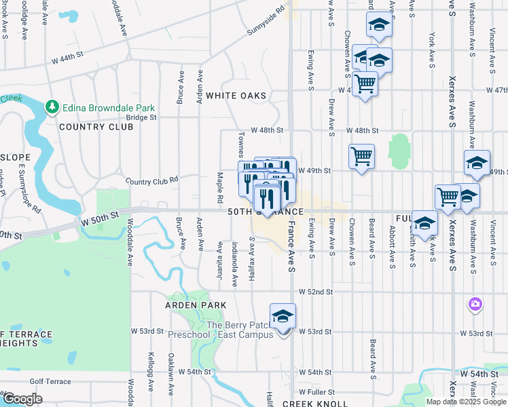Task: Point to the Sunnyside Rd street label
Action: pyautogui.click(x=266, y=22)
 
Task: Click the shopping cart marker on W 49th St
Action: pyautogui.click(x=361, y=156)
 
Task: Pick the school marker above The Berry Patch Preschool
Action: pyautogui.click(x=283, y=315)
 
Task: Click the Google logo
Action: pyautogui.click(x=22, y=399)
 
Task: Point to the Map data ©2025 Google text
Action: pyautogui.click(x=466, y=402)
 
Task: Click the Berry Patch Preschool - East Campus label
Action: pyautogui.click(x=239, y=330)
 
